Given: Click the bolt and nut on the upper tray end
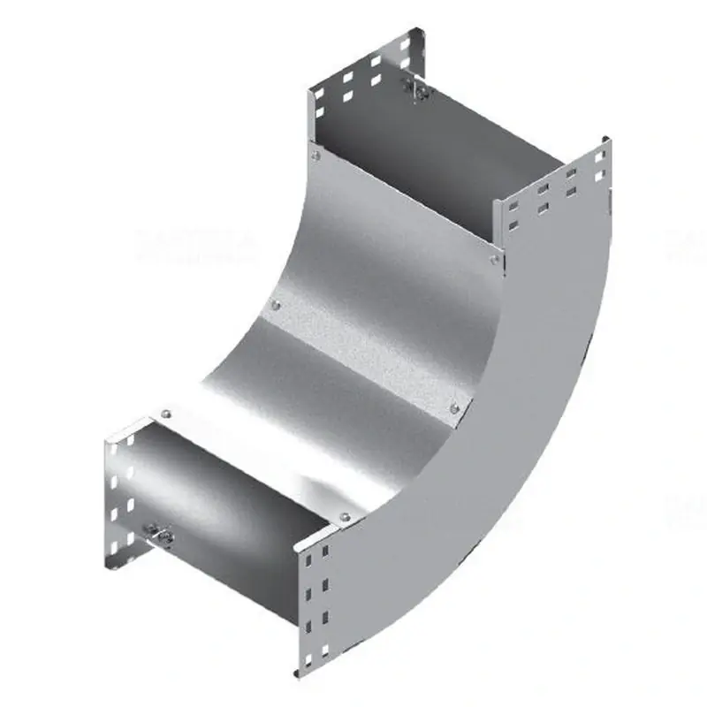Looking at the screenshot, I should [x=414, y=86].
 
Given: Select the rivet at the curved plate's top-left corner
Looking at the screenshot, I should [x=315, y=156].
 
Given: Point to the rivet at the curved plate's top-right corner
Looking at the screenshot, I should [x=493, y=257].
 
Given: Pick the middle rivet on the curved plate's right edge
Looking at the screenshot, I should [x=454, y=407].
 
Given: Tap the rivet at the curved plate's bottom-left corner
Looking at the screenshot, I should [x=165, y=412].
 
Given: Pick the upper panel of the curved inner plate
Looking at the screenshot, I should [x=389, y=247].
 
